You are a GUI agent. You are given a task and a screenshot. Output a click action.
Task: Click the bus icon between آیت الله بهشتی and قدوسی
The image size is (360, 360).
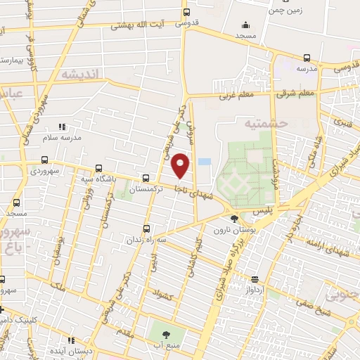[186, 12]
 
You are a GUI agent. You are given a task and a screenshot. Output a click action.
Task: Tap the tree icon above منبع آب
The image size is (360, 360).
[167, 335]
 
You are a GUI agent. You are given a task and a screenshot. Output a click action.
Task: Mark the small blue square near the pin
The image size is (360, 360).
[204, 162]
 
